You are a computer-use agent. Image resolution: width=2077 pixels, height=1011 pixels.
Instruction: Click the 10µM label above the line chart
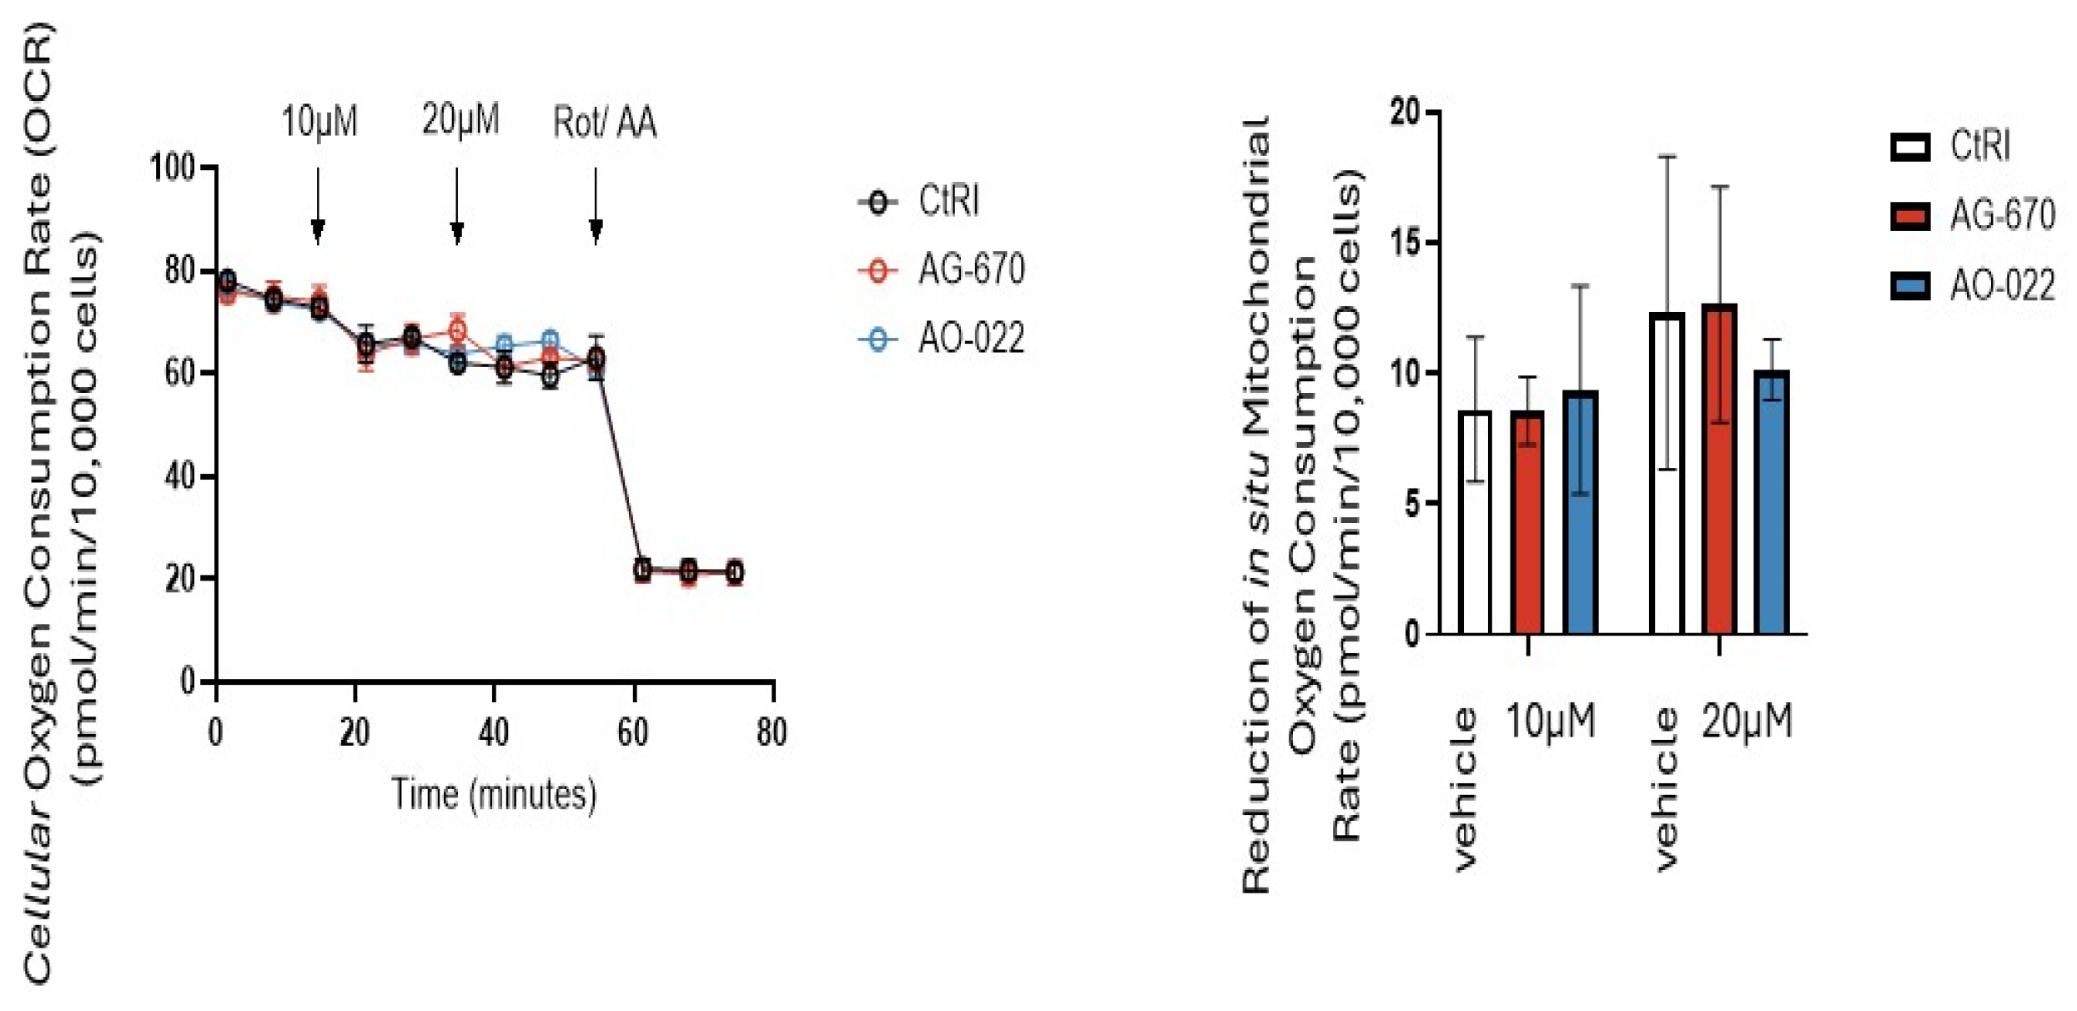tap(319, 122)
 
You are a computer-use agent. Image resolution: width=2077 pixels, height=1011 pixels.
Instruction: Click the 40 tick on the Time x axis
tap(494, 732)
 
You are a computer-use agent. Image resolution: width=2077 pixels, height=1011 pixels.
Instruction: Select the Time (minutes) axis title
tap(494, 794)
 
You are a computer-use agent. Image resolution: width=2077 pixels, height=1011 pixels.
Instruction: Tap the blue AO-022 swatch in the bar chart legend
tap(1909, 286)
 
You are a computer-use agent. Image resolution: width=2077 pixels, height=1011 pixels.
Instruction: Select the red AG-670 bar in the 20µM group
tap(1718, 470)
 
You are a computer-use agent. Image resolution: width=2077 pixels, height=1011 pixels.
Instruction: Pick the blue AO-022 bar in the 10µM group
tap(1580, 513)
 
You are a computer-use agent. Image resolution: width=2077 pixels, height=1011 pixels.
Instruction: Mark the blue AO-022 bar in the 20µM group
tap(1772, 503)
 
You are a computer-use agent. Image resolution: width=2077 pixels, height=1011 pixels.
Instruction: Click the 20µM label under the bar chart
tap(1747, 721)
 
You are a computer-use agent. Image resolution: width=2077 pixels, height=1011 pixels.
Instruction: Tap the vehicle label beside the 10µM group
tap(1466, 788)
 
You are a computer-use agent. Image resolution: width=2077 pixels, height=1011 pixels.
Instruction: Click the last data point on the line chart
tap(734, 572)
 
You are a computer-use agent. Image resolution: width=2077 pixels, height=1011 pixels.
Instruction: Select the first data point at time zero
tap(226, 281)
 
